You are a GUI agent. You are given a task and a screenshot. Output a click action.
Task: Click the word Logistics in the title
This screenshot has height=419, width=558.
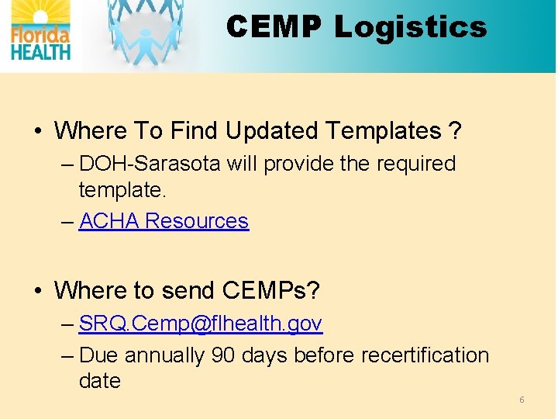click(x=410, y=27)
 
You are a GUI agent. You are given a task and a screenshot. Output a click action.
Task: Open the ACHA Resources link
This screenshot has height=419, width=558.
click(x=164, y=221)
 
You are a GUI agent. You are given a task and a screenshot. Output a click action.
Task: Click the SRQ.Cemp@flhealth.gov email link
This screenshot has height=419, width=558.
click(x=201, y=323)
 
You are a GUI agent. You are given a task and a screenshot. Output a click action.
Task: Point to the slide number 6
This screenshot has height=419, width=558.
click(x=522, y=400)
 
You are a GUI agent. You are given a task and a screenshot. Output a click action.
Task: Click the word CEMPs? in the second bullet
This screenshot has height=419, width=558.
click(x=270, y=290)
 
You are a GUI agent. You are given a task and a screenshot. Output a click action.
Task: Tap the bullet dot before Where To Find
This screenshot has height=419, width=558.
click(x=37, y=130)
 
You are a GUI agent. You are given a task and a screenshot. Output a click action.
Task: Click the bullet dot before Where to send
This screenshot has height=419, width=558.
click(x=37, y=290)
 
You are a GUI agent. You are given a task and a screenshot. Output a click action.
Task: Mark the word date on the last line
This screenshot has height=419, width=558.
click(x=99, y=381)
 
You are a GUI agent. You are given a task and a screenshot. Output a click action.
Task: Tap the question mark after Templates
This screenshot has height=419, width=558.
click(x=455, y=130)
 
